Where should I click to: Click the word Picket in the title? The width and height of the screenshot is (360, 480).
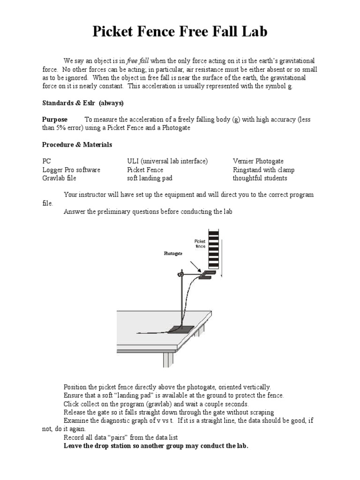tap(116, 31)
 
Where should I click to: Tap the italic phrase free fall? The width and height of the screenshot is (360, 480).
tap(138, 61)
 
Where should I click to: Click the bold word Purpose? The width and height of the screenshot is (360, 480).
tap(55, 120)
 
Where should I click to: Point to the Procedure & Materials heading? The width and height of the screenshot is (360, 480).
tap(77, 144)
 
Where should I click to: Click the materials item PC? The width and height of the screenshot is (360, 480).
tap(47, 161)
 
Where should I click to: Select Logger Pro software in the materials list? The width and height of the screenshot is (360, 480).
tap(71, 170)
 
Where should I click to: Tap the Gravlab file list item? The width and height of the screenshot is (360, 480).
tap(59, 178)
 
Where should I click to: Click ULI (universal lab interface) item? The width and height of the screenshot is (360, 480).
tap(167, 161)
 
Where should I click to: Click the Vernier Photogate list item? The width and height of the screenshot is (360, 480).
tap(258, 161)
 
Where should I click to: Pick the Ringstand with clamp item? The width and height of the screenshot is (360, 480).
tap(263, 170)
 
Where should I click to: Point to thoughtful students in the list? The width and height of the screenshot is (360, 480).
tap(260, 178)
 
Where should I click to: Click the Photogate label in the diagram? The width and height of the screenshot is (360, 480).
tap(173, 253)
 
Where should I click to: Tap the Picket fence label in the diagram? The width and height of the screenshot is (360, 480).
tap(200, 244)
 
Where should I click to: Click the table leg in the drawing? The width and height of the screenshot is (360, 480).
tap(168, 359)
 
